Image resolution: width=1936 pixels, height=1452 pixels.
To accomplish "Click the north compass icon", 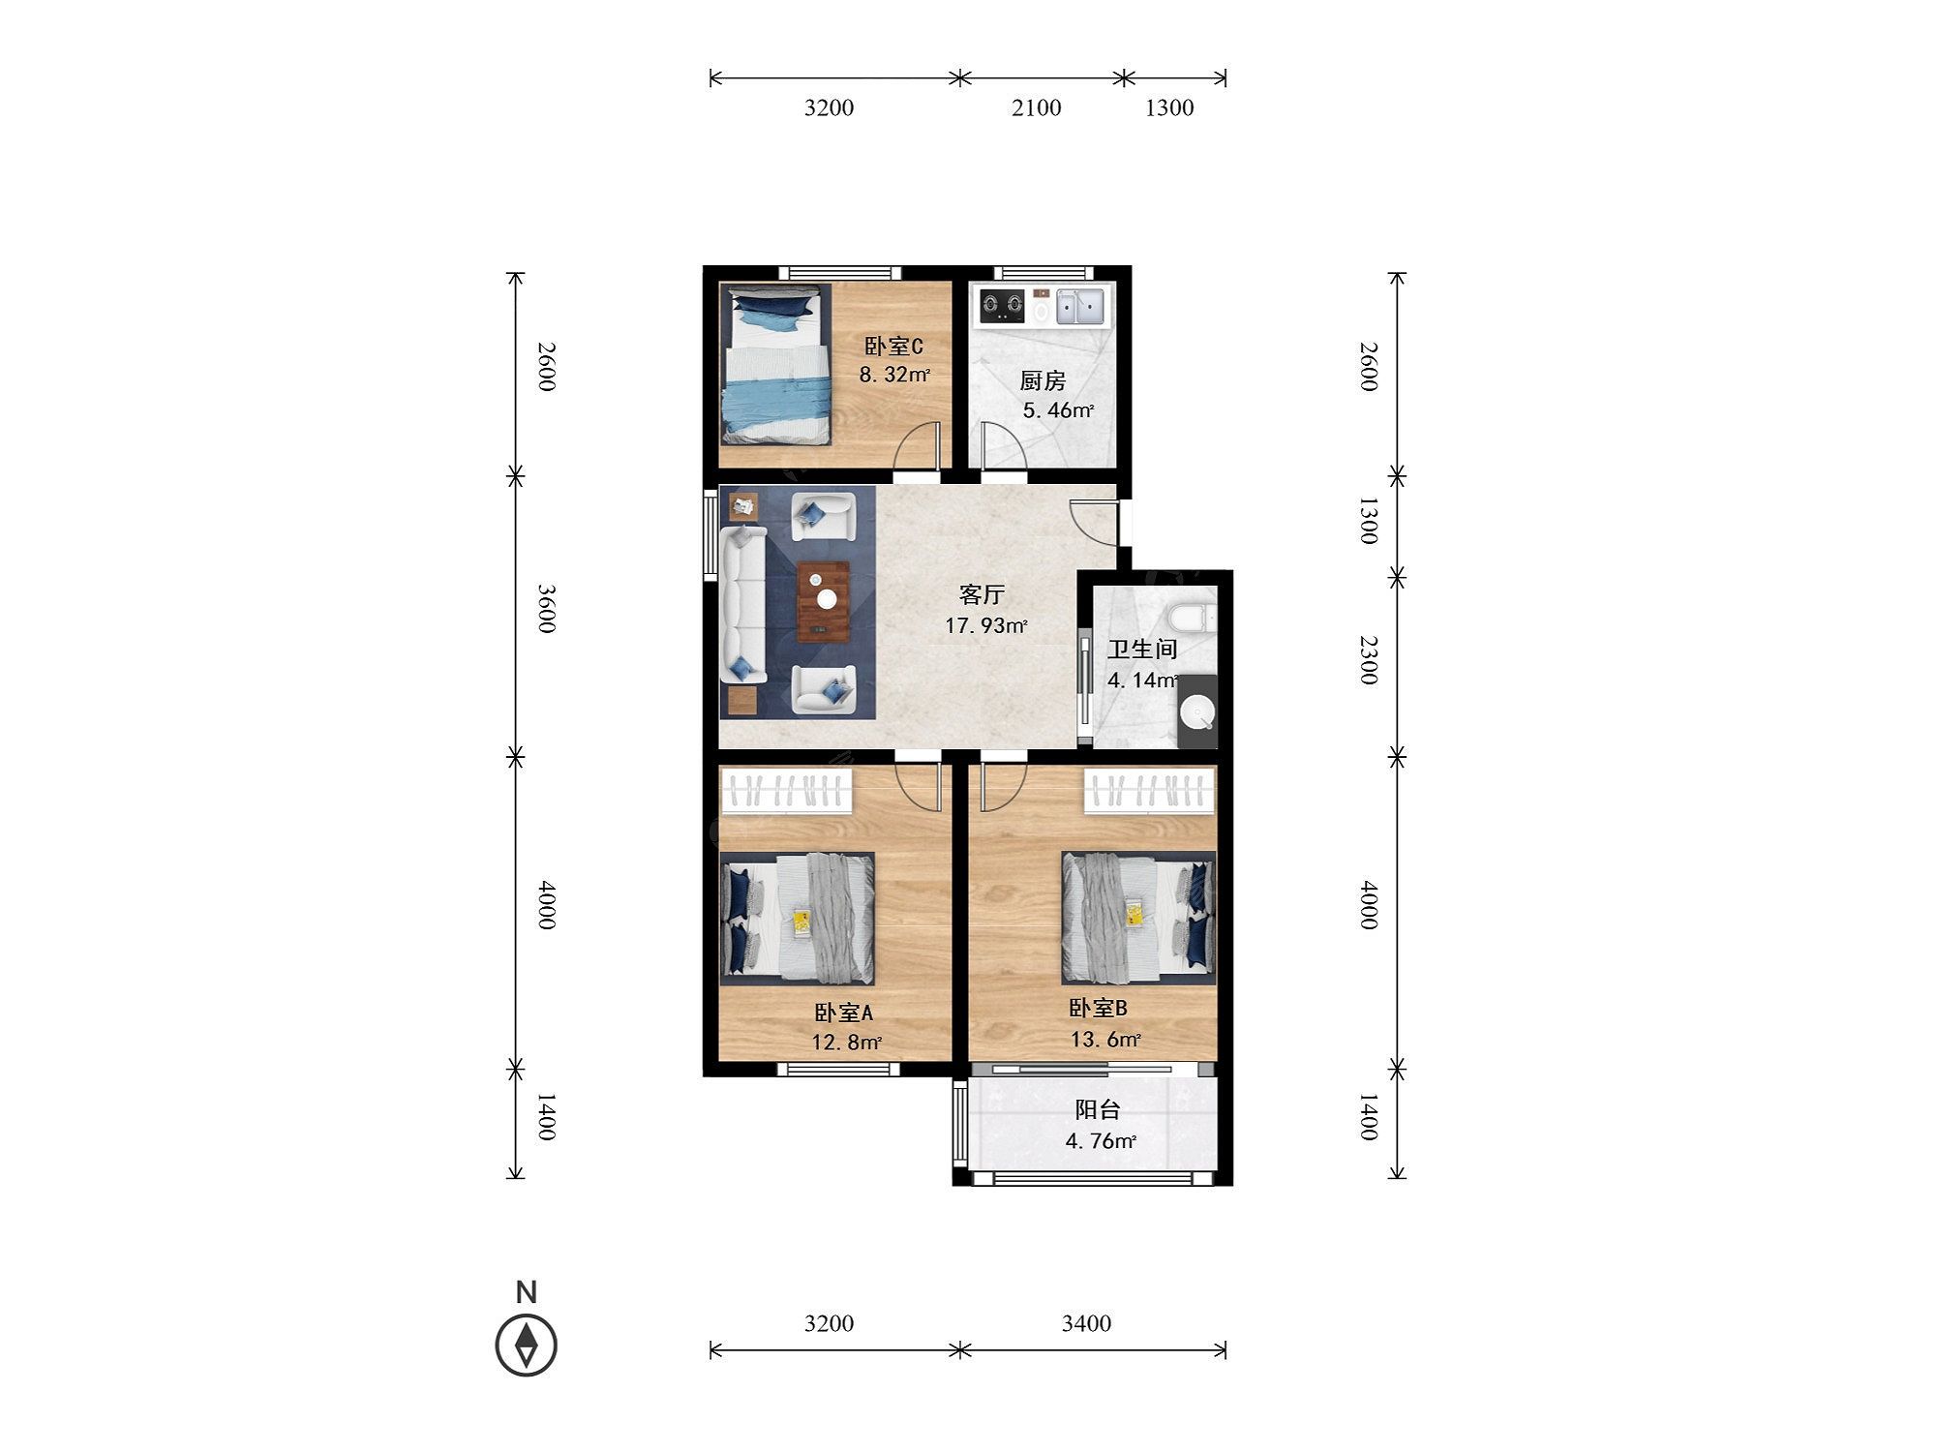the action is pyautogui.click(x=527, y=1344).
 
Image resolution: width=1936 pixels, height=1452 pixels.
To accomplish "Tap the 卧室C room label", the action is pyautogui.click(x=893, y=347).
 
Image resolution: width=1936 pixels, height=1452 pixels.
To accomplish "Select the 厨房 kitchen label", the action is pyautogui.click(x=1043, y=381).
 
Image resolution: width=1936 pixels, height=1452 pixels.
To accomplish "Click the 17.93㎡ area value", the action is pyautogui.click(x=986, y=625).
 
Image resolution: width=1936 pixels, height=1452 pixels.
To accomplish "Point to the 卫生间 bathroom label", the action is pyautogui.click(x=1142, y=650).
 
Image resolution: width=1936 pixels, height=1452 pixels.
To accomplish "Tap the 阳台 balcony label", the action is pyautogui.click(x=1098, y=1110).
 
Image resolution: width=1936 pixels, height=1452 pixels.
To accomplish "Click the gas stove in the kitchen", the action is pyautogui.click(x=1002, y=306).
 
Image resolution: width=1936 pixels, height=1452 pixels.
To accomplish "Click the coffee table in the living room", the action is pyautogui.click(x=824, y=601).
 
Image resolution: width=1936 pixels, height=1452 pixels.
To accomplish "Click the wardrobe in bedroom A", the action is pyautogui.click(x=787, y=790).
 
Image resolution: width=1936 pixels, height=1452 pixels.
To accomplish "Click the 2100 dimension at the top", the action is pyautogui.click(x=1037, y=107).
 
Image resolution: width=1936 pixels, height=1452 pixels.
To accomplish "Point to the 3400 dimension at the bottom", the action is pyautogui.click(x=1086, y=1323).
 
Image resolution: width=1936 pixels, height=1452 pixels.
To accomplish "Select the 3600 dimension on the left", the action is pyautogui.click(x=546, y=609).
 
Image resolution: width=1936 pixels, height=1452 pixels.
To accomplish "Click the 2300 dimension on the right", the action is pyautogui.click(x=1367, y=660).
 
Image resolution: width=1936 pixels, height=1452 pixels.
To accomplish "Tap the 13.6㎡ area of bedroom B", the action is pyautogui.click(x=1104, y=1040).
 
